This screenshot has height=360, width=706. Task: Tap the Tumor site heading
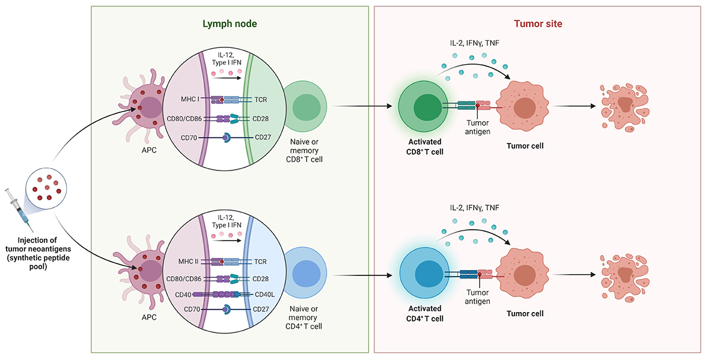tap(538, 24)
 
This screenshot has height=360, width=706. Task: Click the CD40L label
tap(266, 295)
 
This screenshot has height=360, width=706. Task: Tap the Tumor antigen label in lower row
tap(478, 297)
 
